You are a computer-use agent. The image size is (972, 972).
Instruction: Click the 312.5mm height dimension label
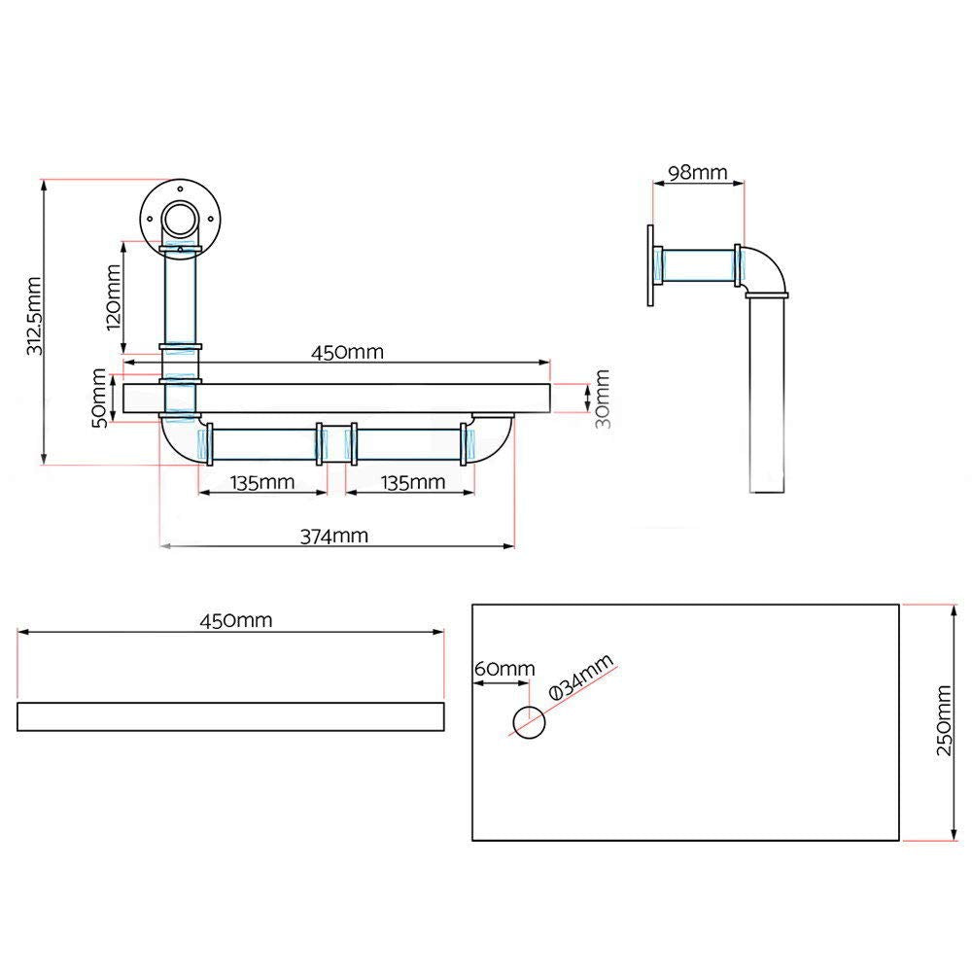(x=33, y=322)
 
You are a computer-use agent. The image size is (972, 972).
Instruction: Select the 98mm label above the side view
(x=697, y=172)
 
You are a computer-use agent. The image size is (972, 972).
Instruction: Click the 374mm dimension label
(x=336, y=535)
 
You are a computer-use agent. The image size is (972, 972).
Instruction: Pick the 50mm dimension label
(x=100, y=395)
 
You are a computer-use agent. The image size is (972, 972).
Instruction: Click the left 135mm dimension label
(x=262, y=481)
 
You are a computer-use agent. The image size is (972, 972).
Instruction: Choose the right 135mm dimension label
(x=414, y=481)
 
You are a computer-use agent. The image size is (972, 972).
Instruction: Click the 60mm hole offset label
(x=504, y=669)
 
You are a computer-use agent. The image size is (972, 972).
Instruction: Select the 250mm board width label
(x=944, y=722)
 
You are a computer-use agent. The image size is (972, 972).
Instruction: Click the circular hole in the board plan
(x=529, y=722)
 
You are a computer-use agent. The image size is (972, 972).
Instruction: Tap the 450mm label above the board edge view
(x=235, y=620)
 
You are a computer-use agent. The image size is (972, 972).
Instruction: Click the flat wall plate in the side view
(x=647, y=264)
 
